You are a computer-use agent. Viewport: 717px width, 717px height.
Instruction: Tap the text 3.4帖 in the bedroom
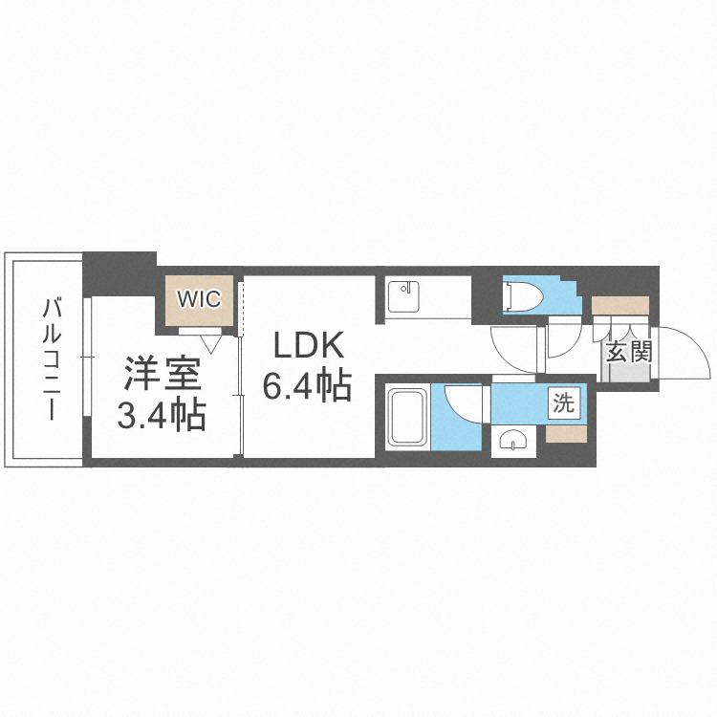click(x=162, y=416)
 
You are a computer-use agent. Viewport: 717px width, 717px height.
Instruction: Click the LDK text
click(x=305, y=344)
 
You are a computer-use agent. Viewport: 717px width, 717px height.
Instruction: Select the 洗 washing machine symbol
click(x=564, y=403)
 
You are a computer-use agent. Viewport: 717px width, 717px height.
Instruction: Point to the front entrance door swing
click(x=684, y=354)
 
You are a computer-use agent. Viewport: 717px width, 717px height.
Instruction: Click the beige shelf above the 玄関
click(x=619, y=306)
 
